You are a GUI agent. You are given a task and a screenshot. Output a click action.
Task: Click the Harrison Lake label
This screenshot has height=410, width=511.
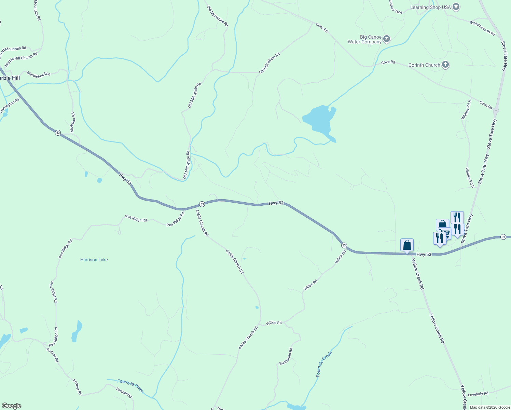point(94,260)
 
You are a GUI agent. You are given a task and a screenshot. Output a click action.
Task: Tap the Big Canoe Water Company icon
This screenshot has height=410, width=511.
point(387,39)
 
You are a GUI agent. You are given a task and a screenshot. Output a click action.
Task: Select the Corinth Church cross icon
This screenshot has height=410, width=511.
point(445,64)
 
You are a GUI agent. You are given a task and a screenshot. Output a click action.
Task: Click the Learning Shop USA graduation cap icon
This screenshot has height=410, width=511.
point(456,7)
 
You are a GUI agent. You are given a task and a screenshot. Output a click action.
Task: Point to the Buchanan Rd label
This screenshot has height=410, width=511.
point(286,356)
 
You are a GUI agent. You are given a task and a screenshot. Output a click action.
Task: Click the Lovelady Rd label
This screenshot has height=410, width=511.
point(478,394)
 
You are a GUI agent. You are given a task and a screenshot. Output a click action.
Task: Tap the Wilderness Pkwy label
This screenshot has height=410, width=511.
point(482,28)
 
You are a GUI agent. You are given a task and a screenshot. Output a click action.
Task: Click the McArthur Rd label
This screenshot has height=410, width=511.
point(72,122)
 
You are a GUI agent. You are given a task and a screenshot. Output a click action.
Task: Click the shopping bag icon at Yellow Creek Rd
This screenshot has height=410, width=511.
point(407,245)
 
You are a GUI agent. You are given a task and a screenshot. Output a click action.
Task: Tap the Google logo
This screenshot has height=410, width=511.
point(11,406)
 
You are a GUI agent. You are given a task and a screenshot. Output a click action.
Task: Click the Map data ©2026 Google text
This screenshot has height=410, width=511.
point(490,407)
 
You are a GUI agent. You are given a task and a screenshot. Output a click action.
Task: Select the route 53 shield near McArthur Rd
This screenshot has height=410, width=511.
point(58,133)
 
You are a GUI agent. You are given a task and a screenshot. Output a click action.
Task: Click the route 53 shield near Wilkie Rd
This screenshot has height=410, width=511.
point(344,245)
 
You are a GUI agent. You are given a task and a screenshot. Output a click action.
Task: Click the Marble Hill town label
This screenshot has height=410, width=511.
point(9,78)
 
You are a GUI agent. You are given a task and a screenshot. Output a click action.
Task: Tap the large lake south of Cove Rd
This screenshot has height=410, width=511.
point(320,120)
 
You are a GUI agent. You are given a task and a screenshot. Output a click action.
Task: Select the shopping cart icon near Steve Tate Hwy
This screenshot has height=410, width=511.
point(445,233)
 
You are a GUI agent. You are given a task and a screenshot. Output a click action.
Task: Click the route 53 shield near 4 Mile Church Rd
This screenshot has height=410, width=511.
point(202,204)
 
